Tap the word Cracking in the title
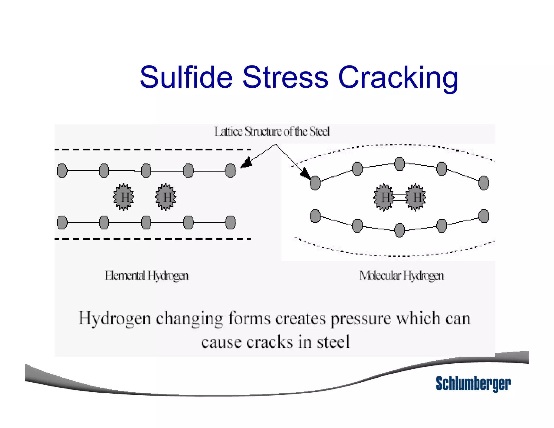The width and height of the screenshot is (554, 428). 398,78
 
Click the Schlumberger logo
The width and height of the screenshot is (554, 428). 473,383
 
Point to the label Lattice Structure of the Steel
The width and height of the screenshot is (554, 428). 272,131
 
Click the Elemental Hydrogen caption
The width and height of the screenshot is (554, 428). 147,276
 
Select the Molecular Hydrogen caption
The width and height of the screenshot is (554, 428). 401,276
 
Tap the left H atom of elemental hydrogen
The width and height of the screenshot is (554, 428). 124,197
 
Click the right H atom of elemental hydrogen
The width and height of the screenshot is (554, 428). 166,197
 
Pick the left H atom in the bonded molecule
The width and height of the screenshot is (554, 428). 384,197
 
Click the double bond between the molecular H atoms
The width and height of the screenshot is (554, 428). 400,197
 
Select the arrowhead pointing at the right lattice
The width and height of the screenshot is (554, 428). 306,173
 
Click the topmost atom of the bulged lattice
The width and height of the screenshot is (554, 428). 399,164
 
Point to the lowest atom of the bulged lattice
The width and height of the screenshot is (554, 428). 399,230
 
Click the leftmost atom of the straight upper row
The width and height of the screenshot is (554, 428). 62,171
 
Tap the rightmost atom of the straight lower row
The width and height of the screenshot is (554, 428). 230,222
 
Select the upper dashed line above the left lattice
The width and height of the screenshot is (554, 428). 153,149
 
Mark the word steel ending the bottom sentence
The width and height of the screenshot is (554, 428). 333,342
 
